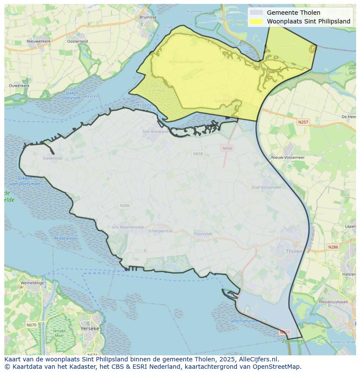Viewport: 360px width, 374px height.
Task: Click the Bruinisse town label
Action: (x=148, y=17)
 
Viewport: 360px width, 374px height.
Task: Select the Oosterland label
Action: (x=77, y=41)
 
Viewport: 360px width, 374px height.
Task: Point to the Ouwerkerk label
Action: (x=19, y=86)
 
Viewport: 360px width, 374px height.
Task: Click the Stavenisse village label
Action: (x=52, y=158)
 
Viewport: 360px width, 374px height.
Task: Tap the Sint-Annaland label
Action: (x=155, y=131)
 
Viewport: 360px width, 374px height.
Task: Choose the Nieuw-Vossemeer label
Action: (x=288, y=157)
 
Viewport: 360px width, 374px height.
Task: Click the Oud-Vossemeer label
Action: (x=266, y=187)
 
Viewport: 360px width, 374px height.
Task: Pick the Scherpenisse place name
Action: (x=160, y=231)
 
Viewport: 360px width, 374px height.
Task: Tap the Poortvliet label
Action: (x=203, y=234)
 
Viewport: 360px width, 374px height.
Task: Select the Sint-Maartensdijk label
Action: (x=127, y=227)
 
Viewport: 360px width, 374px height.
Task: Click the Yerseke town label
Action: (x=90, y=329)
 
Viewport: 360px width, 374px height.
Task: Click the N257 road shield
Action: (x=303, y=122)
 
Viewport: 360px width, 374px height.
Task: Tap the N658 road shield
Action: (x=198, y=154)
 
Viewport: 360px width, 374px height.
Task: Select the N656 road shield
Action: (x=227, y=148)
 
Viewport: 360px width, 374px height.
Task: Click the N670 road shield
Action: (x=31, y=325)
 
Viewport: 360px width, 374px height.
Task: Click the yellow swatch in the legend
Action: (x=257, y=21)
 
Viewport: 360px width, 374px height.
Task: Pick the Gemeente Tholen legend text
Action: (x=293, y=13)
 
